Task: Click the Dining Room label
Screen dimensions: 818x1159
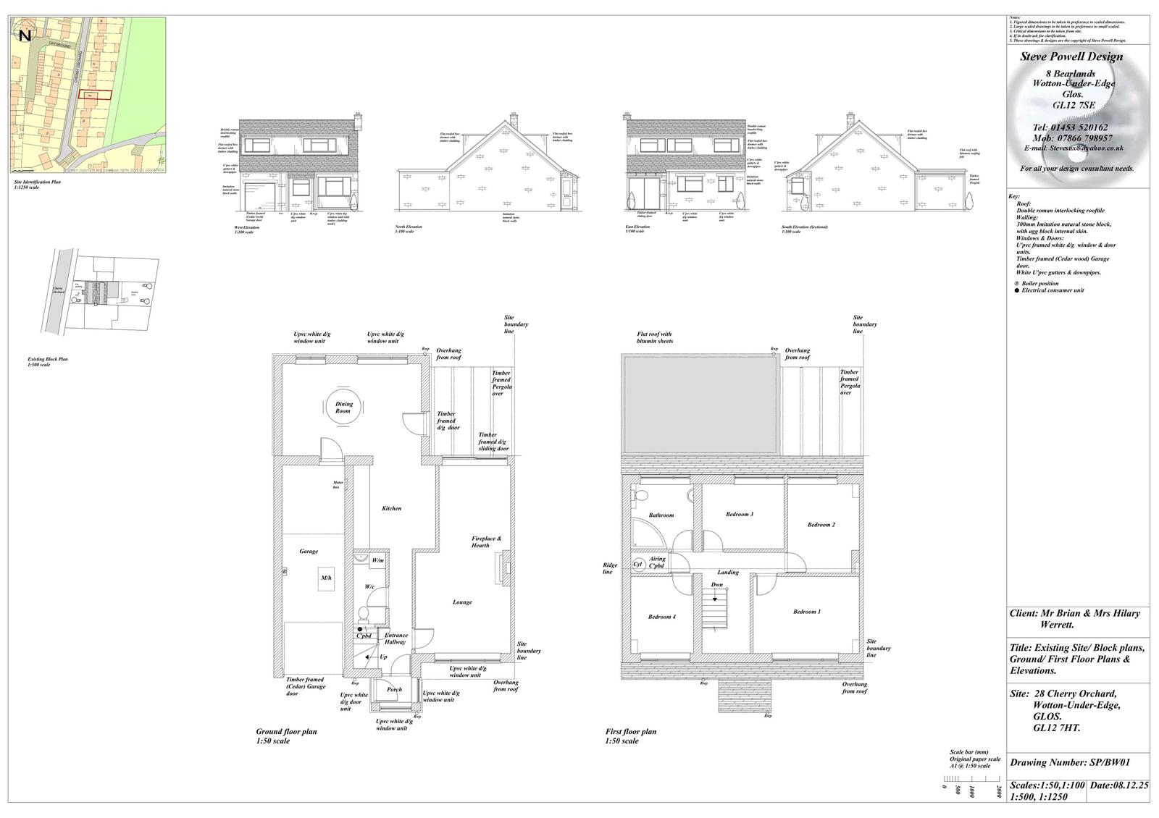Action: (x=343, y=408)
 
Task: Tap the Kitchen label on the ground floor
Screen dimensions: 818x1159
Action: (x=391, y=508)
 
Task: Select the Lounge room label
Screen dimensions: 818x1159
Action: (x=462, y=602)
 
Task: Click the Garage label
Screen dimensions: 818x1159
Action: (x=309, y=552)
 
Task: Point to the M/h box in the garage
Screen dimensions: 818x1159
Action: (x=327, y=578)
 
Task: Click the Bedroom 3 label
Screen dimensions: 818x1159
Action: (x=740, y=514)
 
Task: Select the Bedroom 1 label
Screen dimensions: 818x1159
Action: (x=807, y=612)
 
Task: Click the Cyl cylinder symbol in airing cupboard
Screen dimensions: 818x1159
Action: (x=638, y=564)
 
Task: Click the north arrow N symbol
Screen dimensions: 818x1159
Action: (x=25, y=35)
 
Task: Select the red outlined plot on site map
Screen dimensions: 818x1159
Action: (x=95, y=95)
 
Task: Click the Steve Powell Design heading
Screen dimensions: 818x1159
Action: (x=1071, y=56)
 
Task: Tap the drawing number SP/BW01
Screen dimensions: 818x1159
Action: (x=1070, y=762)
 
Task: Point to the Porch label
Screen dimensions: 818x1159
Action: (x=394, y=689)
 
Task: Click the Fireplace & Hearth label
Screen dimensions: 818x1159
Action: (x=486, y=542)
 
